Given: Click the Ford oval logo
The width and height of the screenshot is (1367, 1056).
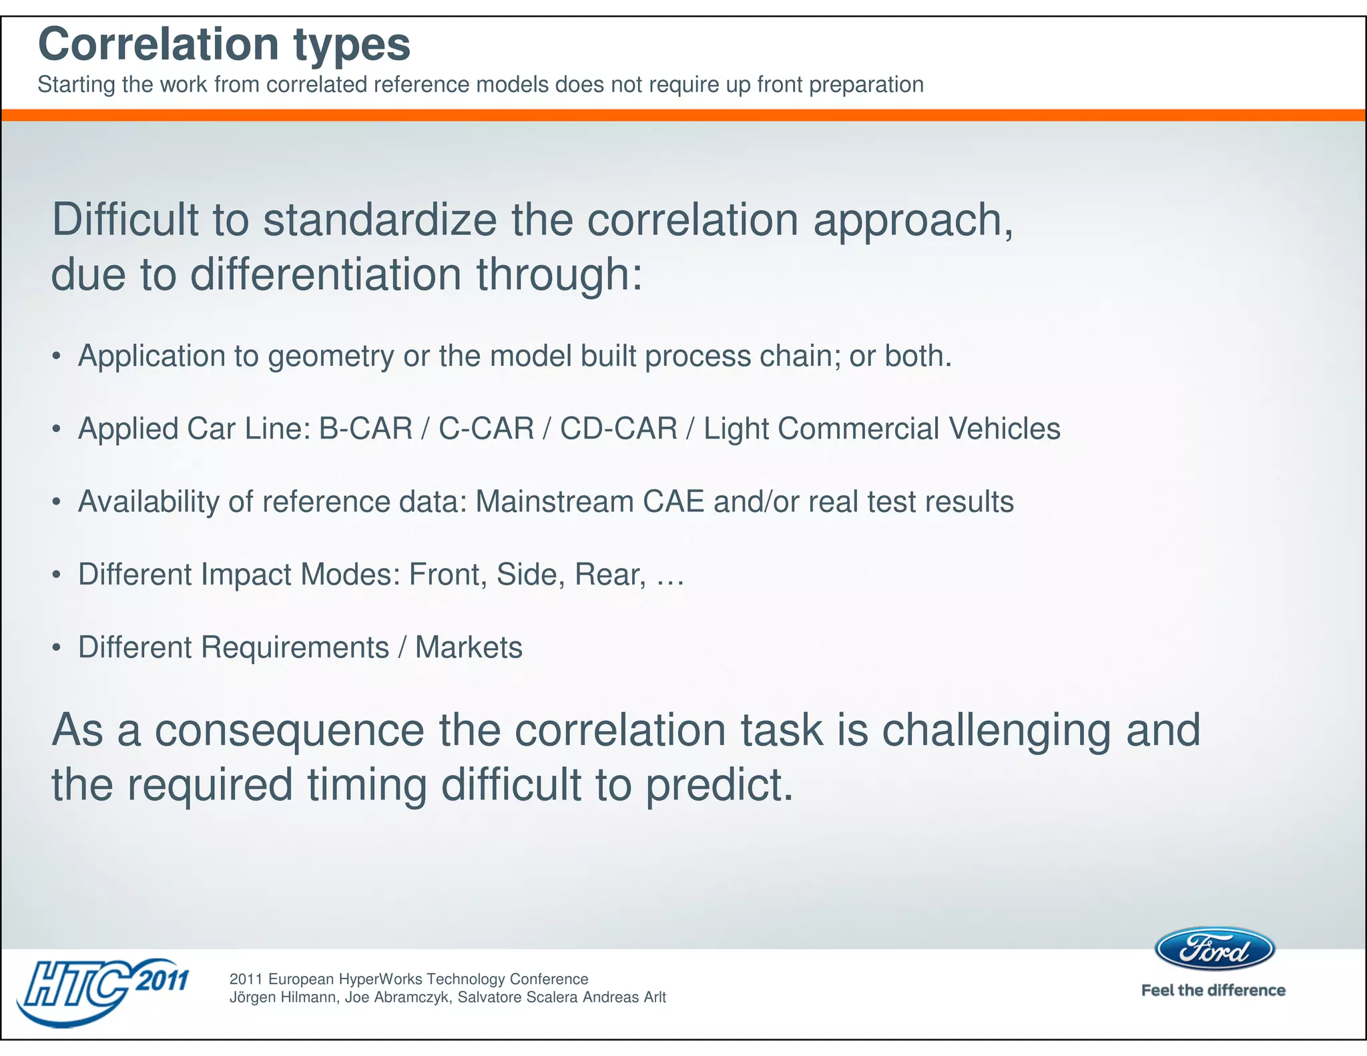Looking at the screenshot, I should click(x=1214, y=949).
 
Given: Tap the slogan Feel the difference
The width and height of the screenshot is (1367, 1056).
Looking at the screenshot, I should click(x=1213, y=990).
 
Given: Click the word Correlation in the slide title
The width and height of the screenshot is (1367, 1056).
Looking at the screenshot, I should click(x=158, y=44).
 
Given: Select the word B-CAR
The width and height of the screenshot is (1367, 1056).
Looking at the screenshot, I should click(x=366, y=429).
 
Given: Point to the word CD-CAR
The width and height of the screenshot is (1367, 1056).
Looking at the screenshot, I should click(x=618, y=429).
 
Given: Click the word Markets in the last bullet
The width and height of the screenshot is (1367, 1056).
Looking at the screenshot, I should click(x=469, y=647).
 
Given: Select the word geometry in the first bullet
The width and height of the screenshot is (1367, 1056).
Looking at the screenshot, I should click(x=330, y=356).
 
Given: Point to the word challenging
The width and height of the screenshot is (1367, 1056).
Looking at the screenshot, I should click(x=997, y=730).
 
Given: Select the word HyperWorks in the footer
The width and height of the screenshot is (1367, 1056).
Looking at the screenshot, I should click(x=380, y=979).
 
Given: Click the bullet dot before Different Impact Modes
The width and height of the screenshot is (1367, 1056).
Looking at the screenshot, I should click(x=57, y=575).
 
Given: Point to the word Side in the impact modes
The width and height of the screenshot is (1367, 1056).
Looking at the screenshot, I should click(x=525, y=574).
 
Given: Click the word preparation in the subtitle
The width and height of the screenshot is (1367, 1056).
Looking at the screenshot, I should click(x=866, y=85).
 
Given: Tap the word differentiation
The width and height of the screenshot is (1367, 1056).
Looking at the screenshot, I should click(x=326, y=274).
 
